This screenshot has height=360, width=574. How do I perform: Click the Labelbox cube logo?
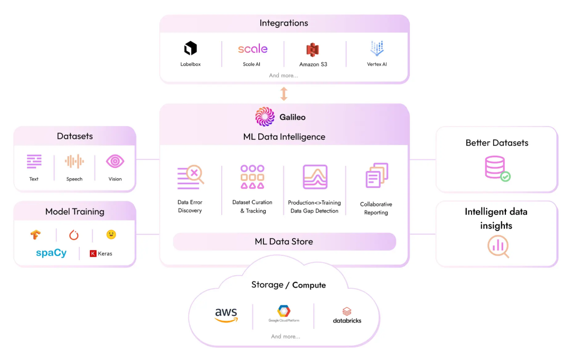click(190, 48)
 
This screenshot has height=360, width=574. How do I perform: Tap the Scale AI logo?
click(252, 49)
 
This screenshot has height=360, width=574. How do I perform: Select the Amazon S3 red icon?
click(313, 50)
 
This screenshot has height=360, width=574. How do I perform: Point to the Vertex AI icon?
click(377, 48)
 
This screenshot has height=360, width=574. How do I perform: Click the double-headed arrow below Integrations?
click(284, 93)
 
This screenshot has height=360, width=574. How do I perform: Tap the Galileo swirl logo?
click(265, 117)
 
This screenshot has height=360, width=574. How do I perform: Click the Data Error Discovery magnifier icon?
click(190, 177)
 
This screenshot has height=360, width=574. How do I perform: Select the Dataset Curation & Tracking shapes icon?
click(252, 177)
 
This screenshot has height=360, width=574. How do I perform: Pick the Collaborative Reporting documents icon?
click(377, 176)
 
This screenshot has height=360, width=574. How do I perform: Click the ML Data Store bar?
click(285, 241)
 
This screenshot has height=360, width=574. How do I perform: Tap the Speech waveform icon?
click(74, 162)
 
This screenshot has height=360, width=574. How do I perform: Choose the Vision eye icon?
click(115, 162)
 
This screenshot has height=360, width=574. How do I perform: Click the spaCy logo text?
click(51, 253)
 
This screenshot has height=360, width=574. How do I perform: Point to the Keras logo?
click(101, 253)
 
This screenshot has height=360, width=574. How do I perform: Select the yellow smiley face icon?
click(111, 234)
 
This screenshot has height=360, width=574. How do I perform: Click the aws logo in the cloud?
click(226, 315)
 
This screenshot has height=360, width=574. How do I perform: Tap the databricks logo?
click(346, 315)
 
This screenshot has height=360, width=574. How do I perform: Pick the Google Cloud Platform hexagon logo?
click(284, 311)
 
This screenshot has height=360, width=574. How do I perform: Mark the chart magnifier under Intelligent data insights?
click(498, 247)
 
